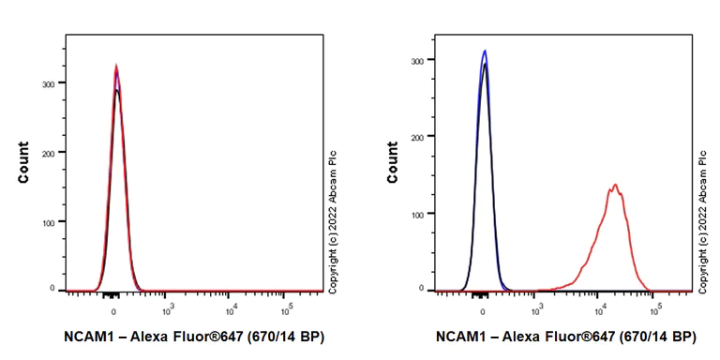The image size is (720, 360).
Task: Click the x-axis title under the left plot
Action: [195, 336]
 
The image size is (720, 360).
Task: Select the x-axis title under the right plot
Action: [565, 336]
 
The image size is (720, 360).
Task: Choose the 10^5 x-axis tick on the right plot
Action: [656, 308]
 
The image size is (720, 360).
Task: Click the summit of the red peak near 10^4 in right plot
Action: [615, 185]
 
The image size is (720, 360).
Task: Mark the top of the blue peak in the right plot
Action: [484, 51]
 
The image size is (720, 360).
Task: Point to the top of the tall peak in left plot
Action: [115, 66]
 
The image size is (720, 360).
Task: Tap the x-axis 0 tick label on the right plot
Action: [484, 308]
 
